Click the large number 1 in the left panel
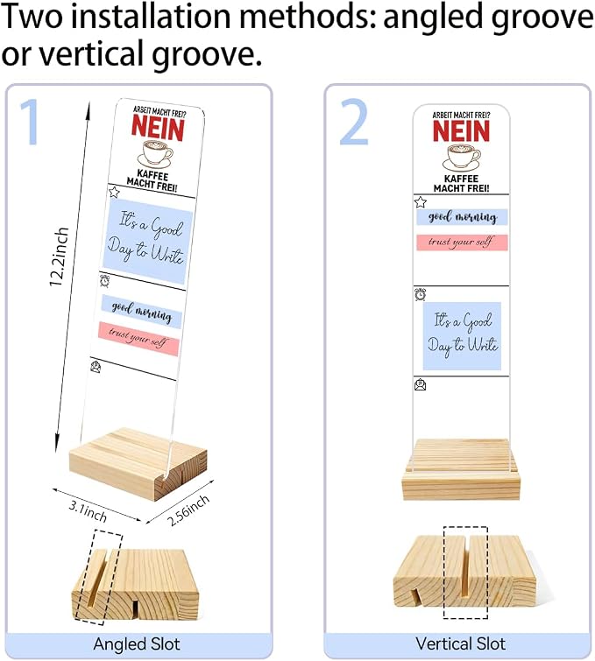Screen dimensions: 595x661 [31, 122]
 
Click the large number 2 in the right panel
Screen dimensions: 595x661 [354, 122]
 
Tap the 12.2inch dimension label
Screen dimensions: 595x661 [59, 257]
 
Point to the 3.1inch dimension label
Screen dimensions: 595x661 [88, 511]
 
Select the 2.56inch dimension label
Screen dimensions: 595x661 [188, 510]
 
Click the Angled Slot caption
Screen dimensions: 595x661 [137, 644]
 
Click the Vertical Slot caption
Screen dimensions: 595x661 [460, 643]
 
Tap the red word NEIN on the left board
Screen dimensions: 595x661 [158, 128]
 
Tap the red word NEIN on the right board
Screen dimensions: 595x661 [461, 130]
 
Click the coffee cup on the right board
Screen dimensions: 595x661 [461, 158]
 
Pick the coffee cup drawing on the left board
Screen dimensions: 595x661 [155, 154]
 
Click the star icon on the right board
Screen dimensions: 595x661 [421, 202]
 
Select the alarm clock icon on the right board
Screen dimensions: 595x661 [421, 294]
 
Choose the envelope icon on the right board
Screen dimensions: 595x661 [421, 384]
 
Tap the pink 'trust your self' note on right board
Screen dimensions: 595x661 [462, 243]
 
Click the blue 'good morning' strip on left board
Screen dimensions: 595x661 [141, 312]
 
